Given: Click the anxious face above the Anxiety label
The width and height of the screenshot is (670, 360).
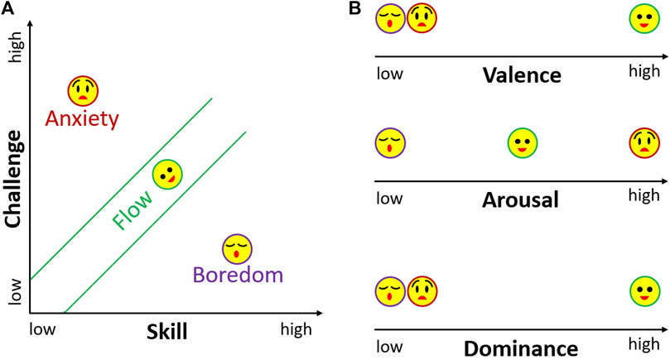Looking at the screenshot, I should [x=83, y=90].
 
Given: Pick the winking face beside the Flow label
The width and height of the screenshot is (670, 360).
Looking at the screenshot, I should [x=167, y=174].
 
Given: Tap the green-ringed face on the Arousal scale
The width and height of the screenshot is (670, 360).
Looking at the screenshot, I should [x=523, y=142].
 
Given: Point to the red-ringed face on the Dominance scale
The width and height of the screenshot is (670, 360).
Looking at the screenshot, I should [x=422, y=290].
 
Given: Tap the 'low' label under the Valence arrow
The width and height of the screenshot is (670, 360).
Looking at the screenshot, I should [x=389, y=73].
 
